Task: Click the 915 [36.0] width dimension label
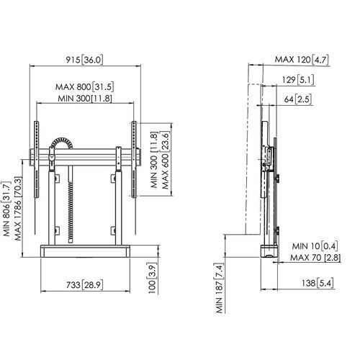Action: point(84,60)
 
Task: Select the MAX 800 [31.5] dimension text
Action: point(84,87)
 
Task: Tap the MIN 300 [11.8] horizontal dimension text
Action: point(85,98)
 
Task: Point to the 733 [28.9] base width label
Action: point(84,285)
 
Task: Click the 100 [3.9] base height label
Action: point(152,279)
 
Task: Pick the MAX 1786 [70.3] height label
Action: point(18,209)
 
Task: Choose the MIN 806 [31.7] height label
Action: point(6,209)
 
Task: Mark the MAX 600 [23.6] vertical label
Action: point(165,160)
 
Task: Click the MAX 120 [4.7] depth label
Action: point(302,60)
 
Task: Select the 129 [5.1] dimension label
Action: point(298,80)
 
